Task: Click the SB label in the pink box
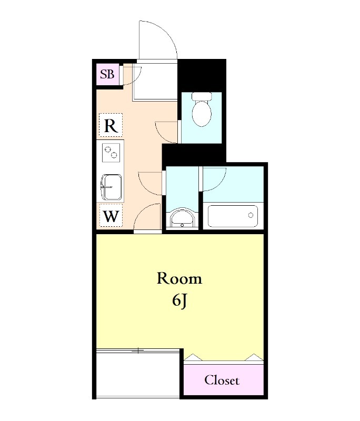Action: pyautogui.click(x=107, y=74)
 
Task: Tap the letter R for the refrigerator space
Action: pyautogui.click(x=111, y=125)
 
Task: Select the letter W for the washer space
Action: pyautogui.click(x=111, y=216)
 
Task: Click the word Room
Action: pyautogui.click(x=179, y=278)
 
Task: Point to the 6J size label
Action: pyautogui.click(x=179, y=300)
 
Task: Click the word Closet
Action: pyautogui.click(x=222, y=380)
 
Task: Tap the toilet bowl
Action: pyautogui.click(x=202, y=113)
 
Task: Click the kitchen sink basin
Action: pyautogui.click(x=112, y=187)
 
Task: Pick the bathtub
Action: pyautogui.click(x=233, y=216)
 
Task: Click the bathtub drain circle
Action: pyautogui.click(x=251, y=215)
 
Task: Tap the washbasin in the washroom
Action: pyautogui.click(x=182, y=217)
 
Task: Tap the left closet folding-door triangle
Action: pyautogui.click(x=193, y=357)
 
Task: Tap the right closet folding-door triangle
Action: pyautogui.click(x=254, y=357)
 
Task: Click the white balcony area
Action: pyautogui.click(x=138, y=373)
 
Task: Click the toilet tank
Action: pyautogui.click(x=202, y=96)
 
